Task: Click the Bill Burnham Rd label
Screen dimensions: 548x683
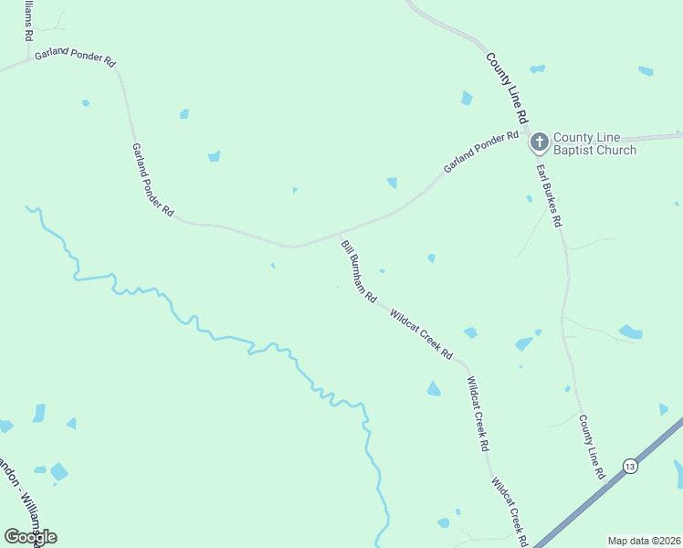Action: click(x=359, y=271)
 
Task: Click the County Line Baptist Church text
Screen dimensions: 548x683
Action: click(x=594, y=143)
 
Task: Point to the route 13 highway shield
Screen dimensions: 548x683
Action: click(x=630, y=466)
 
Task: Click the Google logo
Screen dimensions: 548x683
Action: click(x=30, y=536)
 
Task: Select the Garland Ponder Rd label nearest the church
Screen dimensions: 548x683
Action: click(x=481, y=153)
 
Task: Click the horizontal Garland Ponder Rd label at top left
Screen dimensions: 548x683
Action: click(x=75, y=58)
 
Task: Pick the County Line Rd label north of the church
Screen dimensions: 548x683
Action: click(x=508, y=88)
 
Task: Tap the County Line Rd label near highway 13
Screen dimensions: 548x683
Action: click(x=592, y=447)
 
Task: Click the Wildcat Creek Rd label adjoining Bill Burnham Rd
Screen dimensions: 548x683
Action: click(x=422, y=334)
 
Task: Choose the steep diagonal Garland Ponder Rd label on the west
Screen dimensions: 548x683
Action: click(x=152, y=179)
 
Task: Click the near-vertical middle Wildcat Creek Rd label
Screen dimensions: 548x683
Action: click(x=478, y=416)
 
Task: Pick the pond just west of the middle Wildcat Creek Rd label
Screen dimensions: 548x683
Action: click(x=434, y=390)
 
